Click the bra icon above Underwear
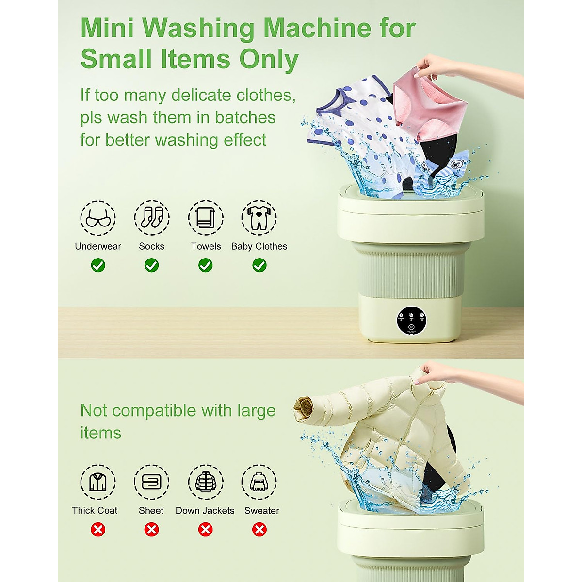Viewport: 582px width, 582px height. tap(98, 218)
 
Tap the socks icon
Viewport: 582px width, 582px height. tap(152, 218)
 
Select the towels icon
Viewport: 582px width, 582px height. tap(206, 218)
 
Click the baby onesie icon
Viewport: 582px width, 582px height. tap(259, 218)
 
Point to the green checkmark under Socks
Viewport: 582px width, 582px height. tap(152, 265)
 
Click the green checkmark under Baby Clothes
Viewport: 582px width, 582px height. tap(259, 265)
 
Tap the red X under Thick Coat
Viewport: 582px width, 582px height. tap(98, 530)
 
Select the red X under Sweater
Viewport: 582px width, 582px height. tap(259, 530)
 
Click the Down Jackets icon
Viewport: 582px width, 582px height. tap(206, 482)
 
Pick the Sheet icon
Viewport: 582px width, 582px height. tap(151, 482)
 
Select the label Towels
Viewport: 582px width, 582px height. tap(206, 246)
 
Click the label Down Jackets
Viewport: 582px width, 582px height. tap(205, 511)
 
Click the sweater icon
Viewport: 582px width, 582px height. tap(259, 482)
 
